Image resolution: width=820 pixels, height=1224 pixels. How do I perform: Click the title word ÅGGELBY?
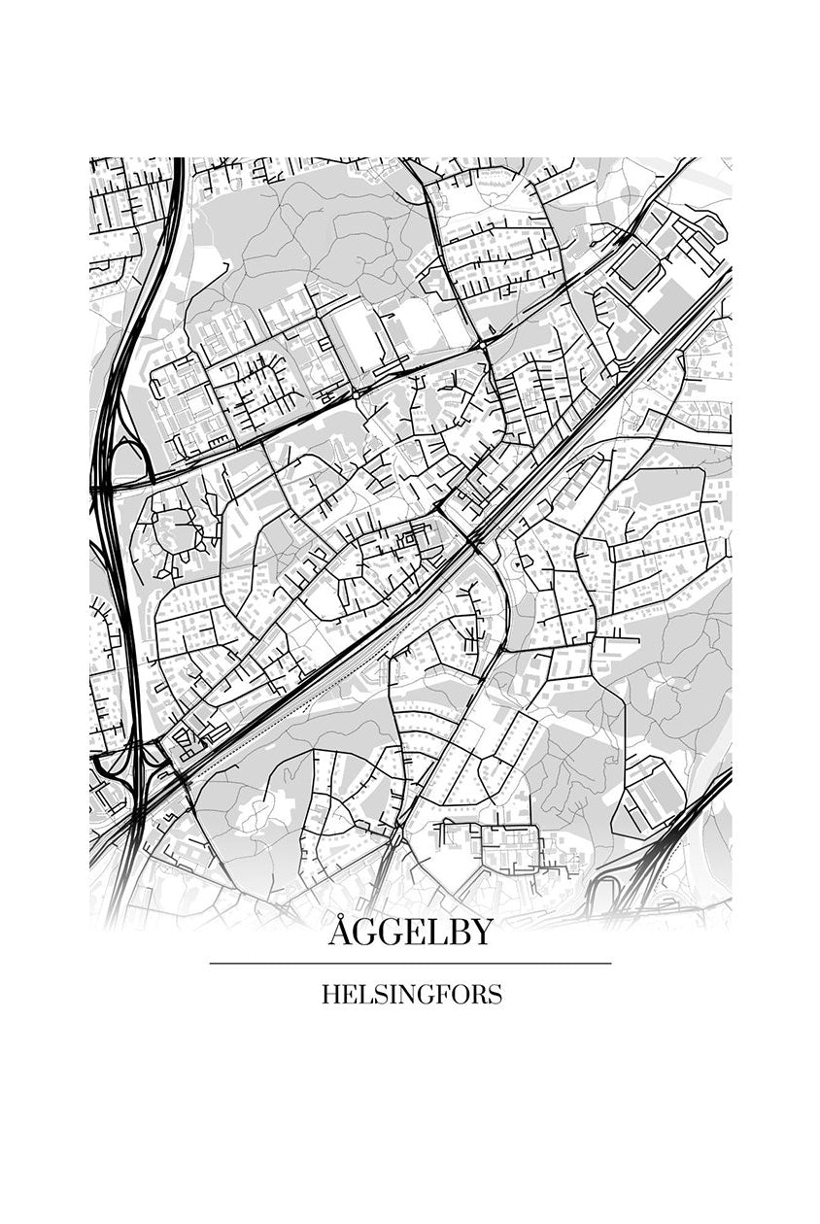click(410, 933)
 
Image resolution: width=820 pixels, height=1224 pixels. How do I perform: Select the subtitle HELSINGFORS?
click(411, 995)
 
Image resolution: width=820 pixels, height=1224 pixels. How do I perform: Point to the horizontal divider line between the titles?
click(410, 964)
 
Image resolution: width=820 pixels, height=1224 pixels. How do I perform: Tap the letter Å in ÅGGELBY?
click(340, 932)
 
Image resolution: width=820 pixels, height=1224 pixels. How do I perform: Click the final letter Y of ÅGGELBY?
click(481, 933)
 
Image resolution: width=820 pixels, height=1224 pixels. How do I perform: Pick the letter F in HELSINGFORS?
click(438, 995)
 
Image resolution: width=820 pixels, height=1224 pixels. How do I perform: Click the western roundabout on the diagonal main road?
click(357, 394)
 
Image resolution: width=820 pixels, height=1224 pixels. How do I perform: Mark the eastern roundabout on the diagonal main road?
click(483, 345)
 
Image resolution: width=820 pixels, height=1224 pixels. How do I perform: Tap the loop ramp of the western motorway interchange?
click(126, 457)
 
